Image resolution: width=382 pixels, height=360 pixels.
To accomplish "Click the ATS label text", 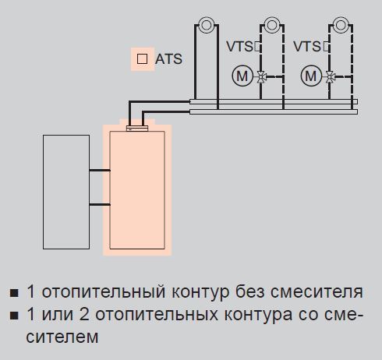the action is [168, 59].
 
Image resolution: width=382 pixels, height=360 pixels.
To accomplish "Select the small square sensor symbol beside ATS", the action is [142, 58].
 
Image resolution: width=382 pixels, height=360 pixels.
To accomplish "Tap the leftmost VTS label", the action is [239, 47].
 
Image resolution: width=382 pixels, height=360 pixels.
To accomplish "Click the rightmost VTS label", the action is [307, 47].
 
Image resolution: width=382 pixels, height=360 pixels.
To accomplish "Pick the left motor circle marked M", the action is [242, 76].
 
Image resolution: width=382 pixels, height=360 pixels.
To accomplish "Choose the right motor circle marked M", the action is [311, 76].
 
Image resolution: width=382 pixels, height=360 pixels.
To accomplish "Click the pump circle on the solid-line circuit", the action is [207, 26].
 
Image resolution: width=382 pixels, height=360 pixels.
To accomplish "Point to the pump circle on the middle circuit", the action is [272, 26].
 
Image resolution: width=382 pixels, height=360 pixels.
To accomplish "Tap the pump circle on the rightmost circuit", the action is [341, 26].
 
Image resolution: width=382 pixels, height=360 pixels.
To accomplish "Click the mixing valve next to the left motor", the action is [261, 77].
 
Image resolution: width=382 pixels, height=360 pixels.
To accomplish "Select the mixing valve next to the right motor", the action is [330, 77].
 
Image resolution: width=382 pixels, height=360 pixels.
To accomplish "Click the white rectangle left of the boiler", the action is [66, 192].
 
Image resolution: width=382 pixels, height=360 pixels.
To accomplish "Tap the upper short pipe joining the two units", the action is [100, 171].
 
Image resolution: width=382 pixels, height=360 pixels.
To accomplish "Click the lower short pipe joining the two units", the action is [100, 205].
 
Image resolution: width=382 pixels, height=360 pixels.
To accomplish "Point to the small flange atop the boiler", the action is [137, 128].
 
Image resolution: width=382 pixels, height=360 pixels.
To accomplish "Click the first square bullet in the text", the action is [14, 293].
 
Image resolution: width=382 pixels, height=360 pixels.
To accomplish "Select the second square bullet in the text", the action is [14, 316].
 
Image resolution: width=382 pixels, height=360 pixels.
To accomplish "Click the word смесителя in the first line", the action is [317, 292].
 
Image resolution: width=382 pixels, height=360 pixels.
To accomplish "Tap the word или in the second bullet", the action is [58, 315].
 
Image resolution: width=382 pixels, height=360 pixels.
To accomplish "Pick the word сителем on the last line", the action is [62, 337].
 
